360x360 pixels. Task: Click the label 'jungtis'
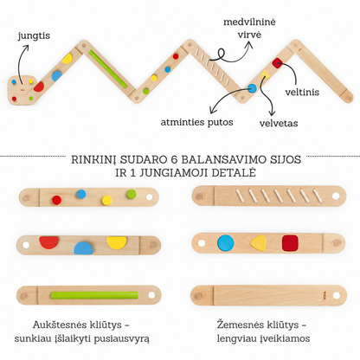click(34, 36)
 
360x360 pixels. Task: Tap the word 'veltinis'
click(302, 93)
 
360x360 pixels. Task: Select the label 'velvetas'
click(279, 124)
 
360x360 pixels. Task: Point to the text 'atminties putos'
click(196, 122)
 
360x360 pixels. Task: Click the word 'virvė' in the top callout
click(249, 35)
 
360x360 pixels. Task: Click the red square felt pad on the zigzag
click(278, 63)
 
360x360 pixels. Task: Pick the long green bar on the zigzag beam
click(108, 69)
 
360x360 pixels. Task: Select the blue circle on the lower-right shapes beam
click(226, 243)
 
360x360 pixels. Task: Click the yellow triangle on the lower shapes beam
click(258, 243)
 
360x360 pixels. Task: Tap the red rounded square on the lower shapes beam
click(290, 243)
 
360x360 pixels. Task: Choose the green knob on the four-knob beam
click(132, 194)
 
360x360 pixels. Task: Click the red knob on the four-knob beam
click(56, 200)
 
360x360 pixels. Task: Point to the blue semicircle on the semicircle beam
click(83, 248)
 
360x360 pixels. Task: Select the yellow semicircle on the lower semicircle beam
click(117, 242)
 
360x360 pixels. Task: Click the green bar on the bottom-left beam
click(94, 295)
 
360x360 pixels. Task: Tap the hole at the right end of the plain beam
click(337, 295)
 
